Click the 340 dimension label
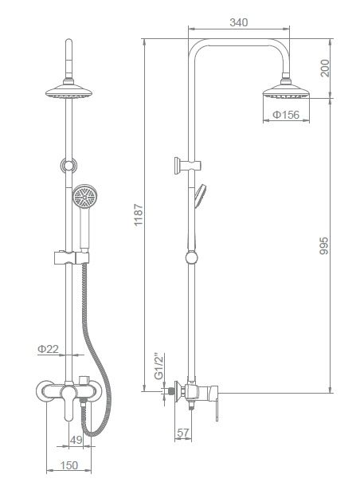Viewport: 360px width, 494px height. (x=238, y=22)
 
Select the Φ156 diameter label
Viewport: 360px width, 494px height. (x=286, y=115)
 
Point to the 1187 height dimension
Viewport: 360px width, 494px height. (x=139, y=215)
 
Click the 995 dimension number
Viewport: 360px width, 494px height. (x=323, y=245)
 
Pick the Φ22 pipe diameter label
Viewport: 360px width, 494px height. (x=48, y=349)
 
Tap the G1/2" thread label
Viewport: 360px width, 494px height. (x=159, y=367)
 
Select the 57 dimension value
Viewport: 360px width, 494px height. (x=183, y=433)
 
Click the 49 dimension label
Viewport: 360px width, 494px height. (x=76, y=440)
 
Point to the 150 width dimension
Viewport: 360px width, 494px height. (x=68, y=465)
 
